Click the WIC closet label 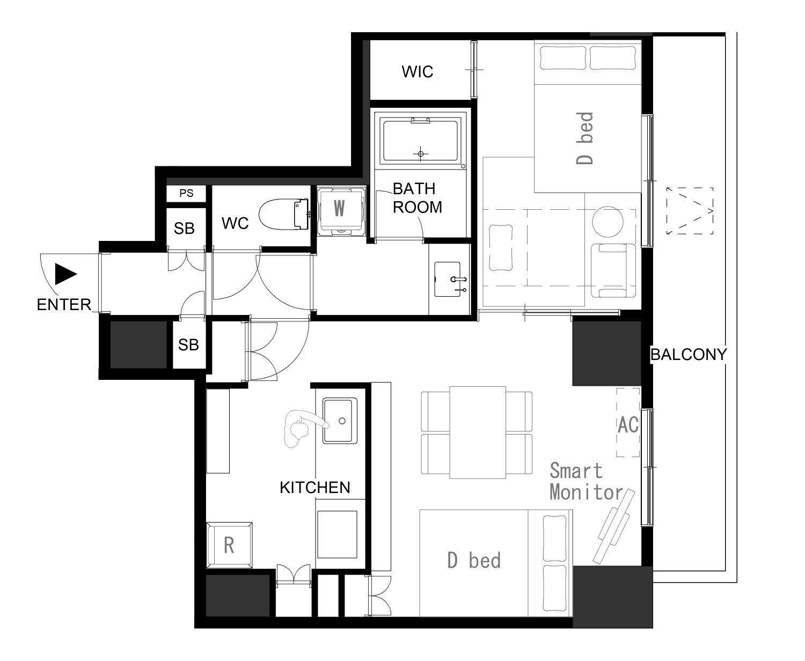417,71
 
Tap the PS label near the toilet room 186,193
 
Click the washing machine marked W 339,211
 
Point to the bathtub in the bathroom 420,141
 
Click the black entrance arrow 66,274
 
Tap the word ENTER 64,305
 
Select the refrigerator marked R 229,545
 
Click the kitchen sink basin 340,421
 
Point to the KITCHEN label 315,488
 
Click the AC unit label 628,424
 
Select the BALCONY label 688,355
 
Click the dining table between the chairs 478,432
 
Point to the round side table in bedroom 608,222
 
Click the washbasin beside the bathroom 448,279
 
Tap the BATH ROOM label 418,198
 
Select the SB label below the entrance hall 188,345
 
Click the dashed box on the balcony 690,211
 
